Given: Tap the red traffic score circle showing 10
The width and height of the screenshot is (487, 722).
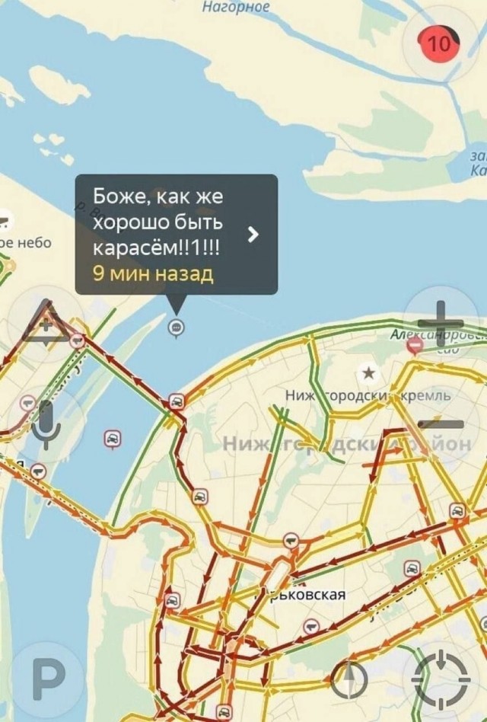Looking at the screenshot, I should tap(438, 43).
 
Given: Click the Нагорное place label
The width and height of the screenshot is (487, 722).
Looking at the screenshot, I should tap(236, 8).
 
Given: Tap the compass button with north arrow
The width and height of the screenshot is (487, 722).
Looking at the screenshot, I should tap(349, 679).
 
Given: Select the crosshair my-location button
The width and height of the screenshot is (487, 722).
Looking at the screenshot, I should tap(441, 679).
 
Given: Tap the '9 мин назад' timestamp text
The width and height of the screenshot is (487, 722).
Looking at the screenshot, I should tap(153, 273).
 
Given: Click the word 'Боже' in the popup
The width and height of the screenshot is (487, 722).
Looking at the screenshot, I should tap(115, 196).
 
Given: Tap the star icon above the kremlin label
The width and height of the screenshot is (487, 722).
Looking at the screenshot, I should tap(369, 372).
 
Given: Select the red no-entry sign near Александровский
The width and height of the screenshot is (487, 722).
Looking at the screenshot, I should tap(415, 347).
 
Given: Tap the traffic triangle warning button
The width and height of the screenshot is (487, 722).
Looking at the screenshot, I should tap(46, 322).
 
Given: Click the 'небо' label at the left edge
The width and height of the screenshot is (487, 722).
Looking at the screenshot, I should tap(33, 243).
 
